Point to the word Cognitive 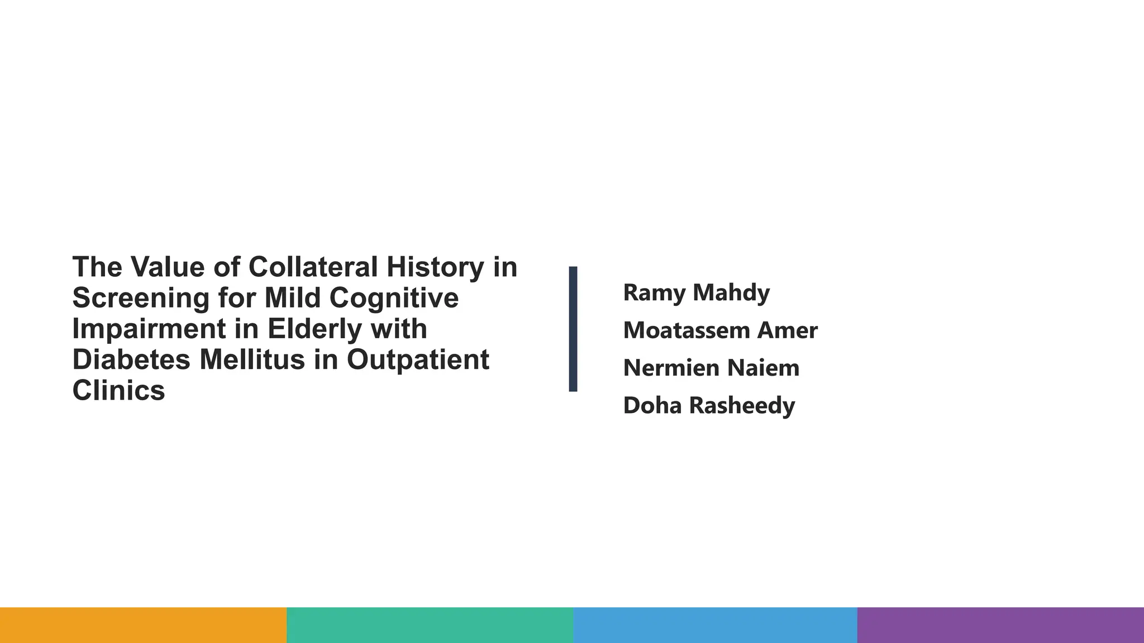pos(394,298)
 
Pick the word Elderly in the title pos(314,329)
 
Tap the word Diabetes pos(131,359)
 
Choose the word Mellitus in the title pos(252,359)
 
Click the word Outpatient pos(418,359)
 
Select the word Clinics pos(118,390)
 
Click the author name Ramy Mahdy pos(696,292)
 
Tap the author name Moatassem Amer pos(720,330)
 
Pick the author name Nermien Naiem pos(711,368)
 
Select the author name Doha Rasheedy pos(709,406)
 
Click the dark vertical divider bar pos(573,329)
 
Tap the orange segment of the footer pos(143,625)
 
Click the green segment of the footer pos(430,625)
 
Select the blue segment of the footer pos(715,625)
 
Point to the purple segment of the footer pos(1000,625)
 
